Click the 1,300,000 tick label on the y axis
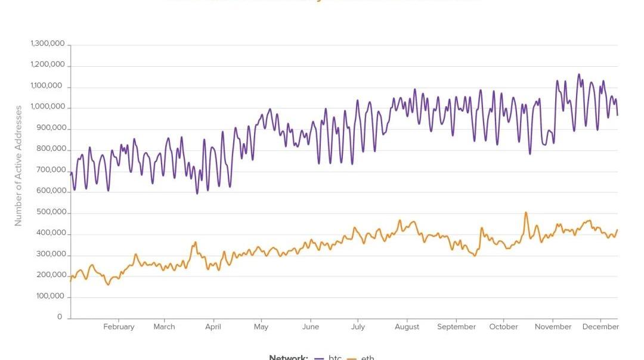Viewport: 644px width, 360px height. [48, 44]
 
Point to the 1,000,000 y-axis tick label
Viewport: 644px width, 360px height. [48, 107]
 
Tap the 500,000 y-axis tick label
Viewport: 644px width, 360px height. [50, 212]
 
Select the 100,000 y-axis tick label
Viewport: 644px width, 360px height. [50, 296]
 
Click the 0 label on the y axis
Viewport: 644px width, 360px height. [60, 317]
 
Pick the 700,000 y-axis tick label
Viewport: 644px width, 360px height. [50, 170]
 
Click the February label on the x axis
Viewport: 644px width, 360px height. [119, 327]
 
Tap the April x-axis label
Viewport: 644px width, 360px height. [213, 327]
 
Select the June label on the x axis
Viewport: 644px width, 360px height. [310, 327]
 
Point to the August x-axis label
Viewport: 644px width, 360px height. [407, 327]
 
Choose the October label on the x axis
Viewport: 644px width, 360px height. [504, 327]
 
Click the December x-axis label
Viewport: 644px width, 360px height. [600, 327]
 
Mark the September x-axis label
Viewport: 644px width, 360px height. [456, 327]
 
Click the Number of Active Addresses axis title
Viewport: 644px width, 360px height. [18, 166]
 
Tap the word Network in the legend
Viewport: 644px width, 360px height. [289, 358]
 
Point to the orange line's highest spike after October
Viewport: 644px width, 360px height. [525, 212]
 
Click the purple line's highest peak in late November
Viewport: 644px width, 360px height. [578, 75]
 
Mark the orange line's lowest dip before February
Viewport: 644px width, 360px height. [108, 284]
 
